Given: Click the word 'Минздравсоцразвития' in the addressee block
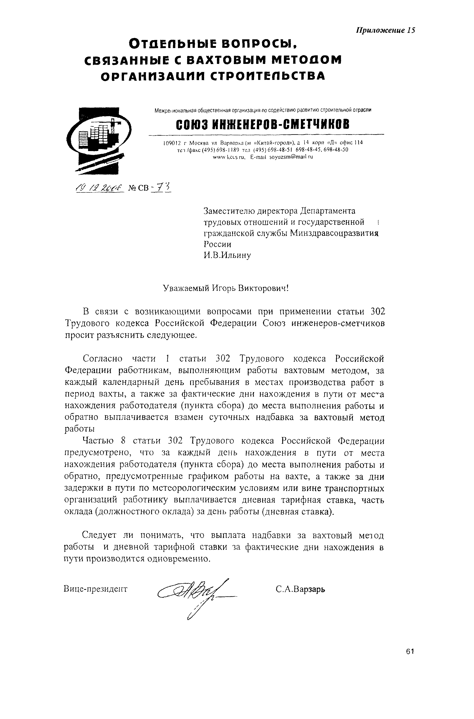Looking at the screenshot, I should [334, 234].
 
